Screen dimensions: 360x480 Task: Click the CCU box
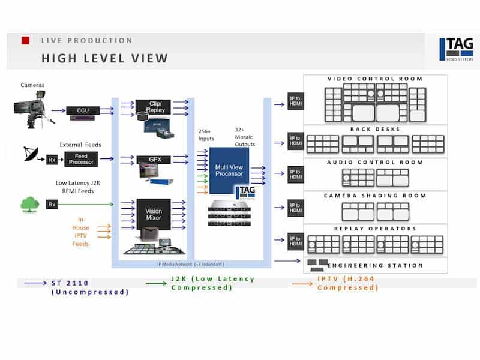tap(83, 110)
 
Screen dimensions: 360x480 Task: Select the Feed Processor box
tap(81, 159)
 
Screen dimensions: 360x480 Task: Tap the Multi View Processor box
tap(229, 170)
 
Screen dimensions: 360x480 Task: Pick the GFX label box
tap(154, 160)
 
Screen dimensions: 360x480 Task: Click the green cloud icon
tap(29, 204)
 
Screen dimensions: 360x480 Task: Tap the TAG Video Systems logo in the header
tap(455, 49)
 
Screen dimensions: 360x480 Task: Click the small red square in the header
tap(26, 40)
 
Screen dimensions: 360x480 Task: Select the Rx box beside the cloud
tap(52, 205)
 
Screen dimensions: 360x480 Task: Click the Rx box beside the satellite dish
tap(52, 159)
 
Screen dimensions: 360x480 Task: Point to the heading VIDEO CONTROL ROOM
tap(375, 79)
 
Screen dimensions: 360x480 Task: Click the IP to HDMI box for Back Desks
tap(295, 141)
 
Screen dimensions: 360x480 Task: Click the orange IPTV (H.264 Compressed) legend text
tap(348, 283)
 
